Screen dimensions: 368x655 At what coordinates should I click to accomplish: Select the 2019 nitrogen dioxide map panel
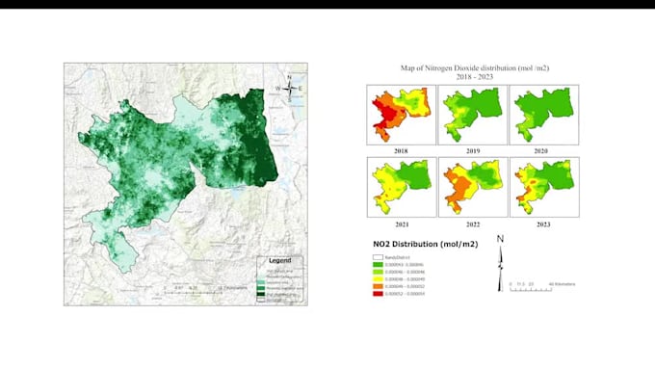[x=472, y=114]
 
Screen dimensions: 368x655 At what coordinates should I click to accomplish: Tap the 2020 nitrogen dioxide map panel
[x=543, y=114]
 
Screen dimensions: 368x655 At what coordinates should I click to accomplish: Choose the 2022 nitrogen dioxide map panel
[x=472, y=186]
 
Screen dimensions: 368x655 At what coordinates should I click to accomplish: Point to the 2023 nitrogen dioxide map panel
[x=543, y=186]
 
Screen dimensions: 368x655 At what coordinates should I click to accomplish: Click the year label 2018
[x=401, y=150]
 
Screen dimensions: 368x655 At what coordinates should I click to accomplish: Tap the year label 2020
[x=543, y=150]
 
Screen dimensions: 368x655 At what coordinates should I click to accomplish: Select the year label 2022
[x=472, y=223]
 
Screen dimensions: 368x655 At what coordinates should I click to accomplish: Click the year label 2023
[x=543, y=223]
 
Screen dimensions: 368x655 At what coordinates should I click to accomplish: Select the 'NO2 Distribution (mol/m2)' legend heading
[x=421, y=245]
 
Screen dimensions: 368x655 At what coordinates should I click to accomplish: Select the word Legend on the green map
[x=279, y=261]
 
